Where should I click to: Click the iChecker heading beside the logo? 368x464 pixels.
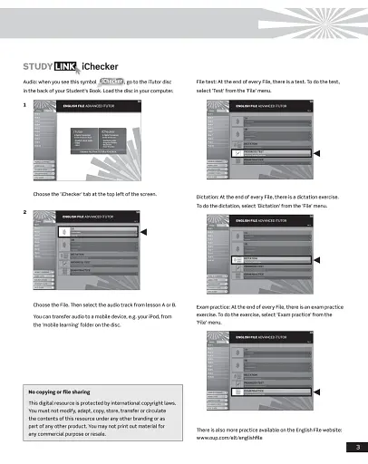pos(98,66)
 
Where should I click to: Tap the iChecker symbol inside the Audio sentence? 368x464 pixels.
pos(108,81)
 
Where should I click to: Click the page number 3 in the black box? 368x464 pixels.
pos(358,446)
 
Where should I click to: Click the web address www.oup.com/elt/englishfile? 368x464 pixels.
pos(237,438)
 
